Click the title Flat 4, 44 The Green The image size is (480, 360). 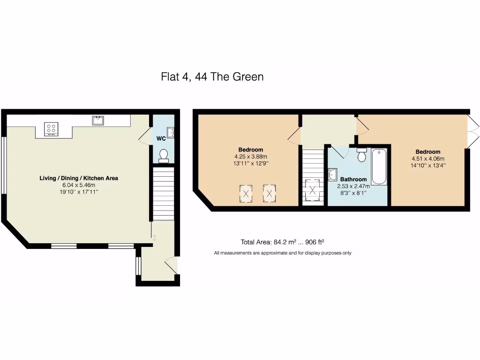tap(212, 76)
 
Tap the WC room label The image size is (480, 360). tap(161, 139)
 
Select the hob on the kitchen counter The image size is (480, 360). tap(51, 129)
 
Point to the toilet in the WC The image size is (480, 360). tap(164, 156)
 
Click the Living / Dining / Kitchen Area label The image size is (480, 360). tap(78, 178)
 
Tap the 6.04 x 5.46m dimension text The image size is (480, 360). tap(78, 185)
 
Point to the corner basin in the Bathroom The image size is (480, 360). tap(333, 174)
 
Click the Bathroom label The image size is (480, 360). tap(353, 179)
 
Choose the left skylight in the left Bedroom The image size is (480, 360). tap(246, 193)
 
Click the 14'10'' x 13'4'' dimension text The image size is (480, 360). tap(428, 165)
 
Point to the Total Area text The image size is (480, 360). tap(283, 242)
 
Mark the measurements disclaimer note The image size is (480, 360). tap(283, 253)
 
